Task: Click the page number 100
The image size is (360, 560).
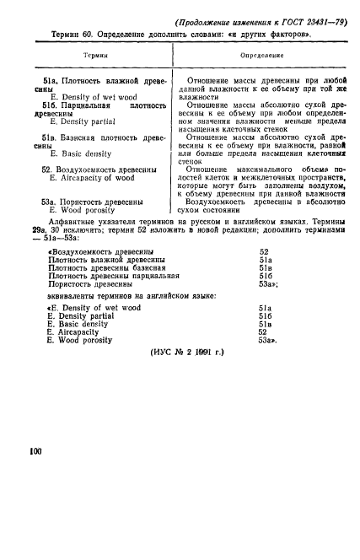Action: (35, 453)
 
